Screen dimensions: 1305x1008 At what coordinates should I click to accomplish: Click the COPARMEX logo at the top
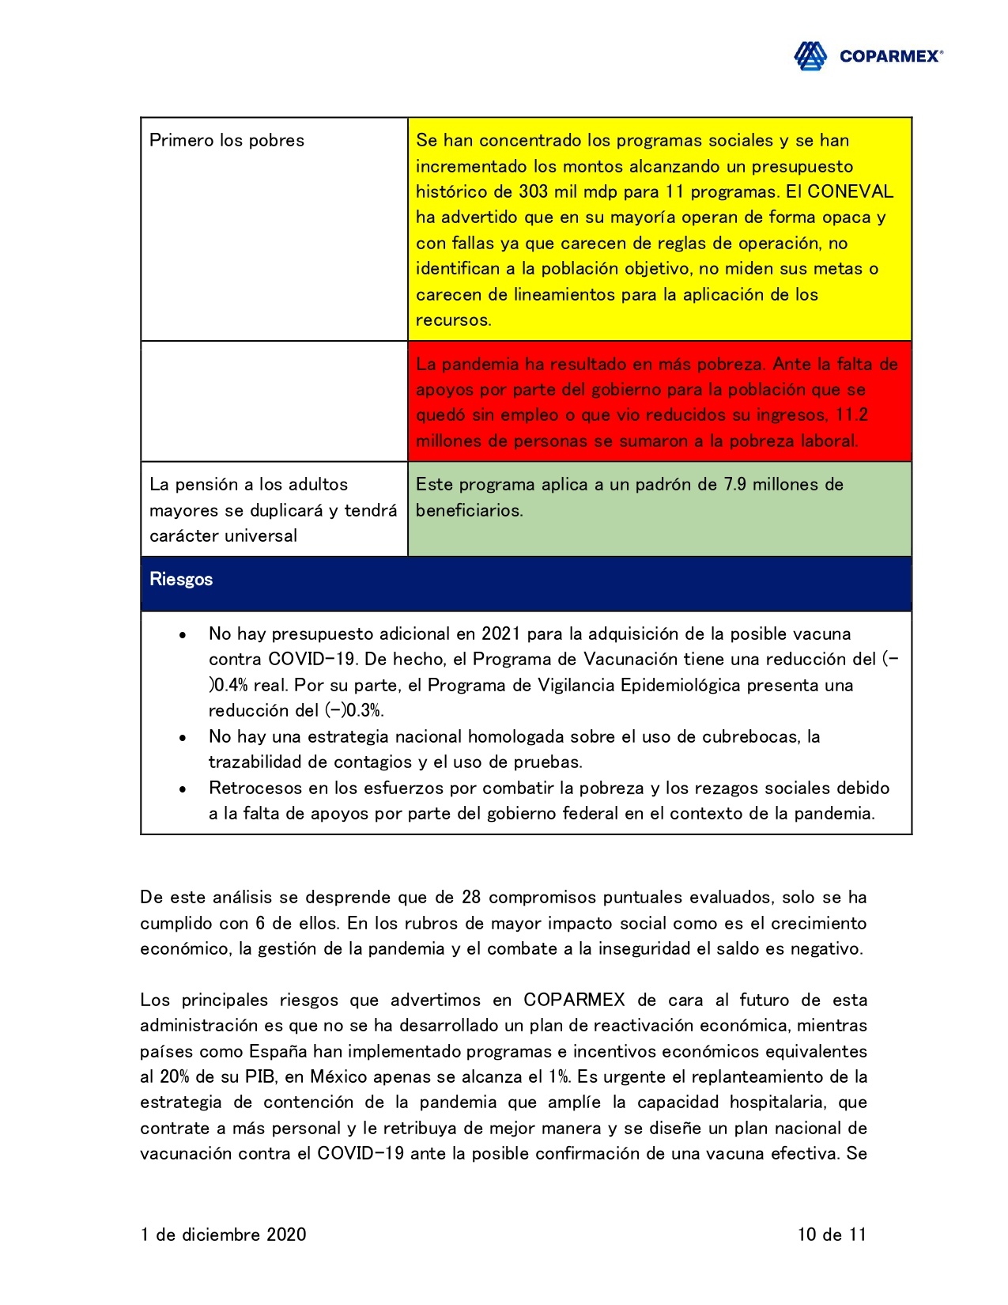click(867, 56)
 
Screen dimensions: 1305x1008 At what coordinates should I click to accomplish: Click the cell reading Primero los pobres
click(227, 141)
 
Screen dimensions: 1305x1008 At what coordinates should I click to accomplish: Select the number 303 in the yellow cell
click(533, 192)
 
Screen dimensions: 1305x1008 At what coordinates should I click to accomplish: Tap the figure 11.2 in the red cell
click(851, 415)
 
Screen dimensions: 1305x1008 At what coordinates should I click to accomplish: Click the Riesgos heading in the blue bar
click(181, 580)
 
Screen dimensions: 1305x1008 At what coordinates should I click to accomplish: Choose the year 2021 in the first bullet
click(501, 634)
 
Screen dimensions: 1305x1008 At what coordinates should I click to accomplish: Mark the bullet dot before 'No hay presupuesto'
click(183, 635)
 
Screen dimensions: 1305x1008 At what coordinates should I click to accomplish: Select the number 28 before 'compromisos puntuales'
click(471, 898)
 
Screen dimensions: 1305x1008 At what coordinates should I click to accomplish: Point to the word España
click(278, 1052)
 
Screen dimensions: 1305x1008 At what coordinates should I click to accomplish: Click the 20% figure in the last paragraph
click(175, 1077)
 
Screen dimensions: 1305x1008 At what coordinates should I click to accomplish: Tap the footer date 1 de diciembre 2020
click(223, 1235)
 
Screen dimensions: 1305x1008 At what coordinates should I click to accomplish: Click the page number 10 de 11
click(832, 1235)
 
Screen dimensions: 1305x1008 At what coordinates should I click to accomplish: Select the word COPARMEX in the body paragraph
click(574, 1000)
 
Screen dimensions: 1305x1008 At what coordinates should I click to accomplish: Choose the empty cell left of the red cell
click(274, 402)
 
